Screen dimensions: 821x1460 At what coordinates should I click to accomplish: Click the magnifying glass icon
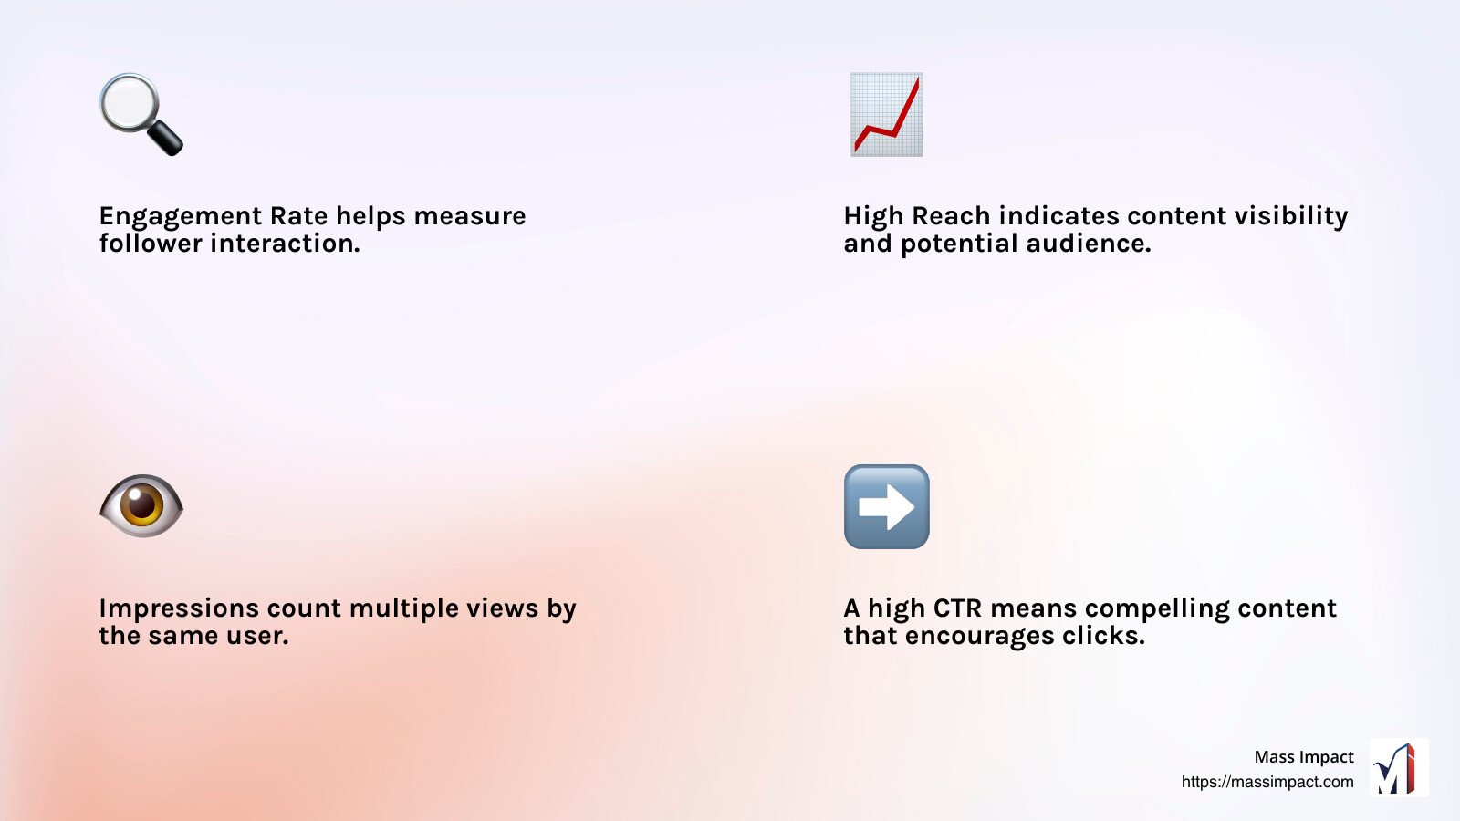pyautogui.click(x=140, y=113)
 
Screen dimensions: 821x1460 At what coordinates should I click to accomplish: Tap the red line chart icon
pyautogui.click(x=886, y=114)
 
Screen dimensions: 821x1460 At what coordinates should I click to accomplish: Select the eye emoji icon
pyautogui.click(x=141, y=505)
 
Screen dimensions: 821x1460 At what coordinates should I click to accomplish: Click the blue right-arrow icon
pyautogui.click(x=886, y=506)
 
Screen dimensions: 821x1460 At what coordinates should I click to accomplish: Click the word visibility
pyautogui.click(x=1290, y=216)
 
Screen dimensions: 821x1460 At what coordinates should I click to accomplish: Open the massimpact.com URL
pyautogui.click(x=1267, y=782)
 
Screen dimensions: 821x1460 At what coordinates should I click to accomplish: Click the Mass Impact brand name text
pyautogui.click(x=1303, y=757)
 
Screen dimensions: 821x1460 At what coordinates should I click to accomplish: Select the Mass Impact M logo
pyautogui.click(x=1398, y=768)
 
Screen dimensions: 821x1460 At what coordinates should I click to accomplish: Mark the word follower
pyautogui.click(x=151, y=244)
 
